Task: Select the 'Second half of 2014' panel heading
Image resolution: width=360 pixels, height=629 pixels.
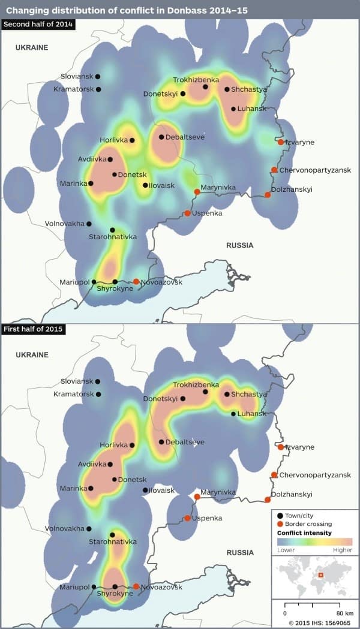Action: tap(38, 24)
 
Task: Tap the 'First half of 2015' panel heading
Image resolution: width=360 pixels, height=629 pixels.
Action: tap(34, 329)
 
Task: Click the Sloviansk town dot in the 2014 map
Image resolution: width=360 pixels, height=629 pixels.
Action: tap(98, 77)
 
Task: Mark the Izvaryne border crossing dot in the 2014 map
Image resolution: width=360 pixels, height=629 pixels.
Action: tap(281, 142)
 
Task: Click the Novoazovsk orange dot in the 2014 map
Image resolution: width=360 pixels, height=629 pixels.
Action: tap(136, 282)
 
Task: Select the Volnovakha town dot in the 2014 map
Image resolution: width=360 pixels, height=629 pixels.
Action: tap(89, 224)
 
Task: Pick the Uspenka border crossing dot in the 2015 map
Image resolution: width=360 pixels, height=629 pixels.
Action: tap(187, 518)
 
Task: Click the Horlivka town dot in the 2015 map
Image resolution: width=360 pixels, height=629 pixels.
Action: tap(132, 446)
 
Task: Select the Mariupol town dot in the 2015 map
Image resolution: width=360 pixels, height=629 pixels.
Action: tap(94, 587)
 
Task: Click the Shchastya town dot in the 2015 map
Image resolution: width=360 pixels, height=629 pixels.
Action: tap(227, 394)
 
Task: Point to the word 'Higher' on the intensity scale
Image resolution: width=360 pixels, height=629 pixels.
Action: tap(342, 550)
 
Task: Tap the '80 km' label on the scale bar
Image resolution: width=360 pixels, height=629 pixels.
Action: tap(344, 613)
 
